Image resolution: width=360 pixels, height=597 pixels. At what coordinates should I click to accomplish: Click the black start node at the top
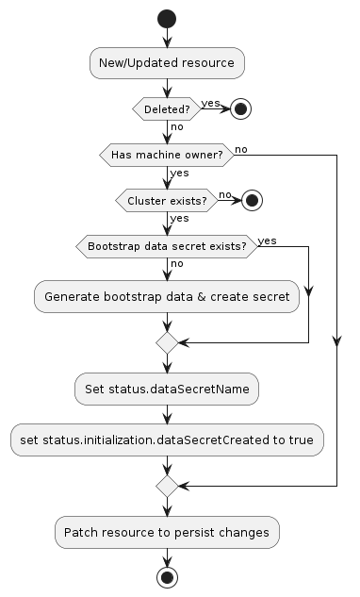[x=167, y=17]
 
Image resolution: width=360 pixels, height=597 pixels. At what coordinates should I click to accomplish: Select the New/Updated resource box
[x=167, y=63]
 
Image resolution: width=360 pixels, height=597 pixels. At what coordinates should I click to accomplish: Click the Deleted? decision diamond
[x=167, y=108]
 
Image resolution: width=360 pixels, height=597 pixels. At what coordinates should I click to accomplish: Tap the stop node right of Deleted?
[x=240, y=108]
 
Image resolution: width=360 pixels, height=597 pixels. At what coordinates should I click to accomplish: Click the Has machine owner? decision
[x=167, y=154]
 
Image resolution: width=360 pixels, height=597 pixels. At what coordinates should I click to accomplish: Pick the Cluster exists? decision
[x=167, y=199]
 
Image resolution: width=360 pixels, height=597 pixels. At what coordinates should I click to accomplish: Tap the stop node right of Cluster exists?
[x=250, y=199]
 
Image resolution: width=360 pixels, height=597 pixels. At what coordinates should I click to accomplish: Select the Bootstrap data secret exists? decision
[x=167, y=245]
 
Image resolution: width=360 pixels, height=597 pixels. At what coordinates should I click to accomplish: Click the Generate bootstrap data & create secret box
[x=167, y=296]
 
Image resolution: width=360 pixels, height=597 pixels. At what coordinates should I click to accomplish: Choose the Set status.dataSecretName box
[x=167, y=388]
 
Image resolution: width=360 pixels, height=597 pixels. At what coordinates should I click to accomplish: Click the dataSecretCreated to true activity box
[x=167, y=439]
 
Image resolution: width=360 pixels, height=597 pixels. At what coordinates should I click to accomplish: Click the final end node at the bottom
[x=167, y=577]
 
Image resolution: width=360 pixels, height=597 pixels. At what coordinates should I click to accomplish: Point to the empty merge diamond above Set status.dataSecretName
[x=167, y=342]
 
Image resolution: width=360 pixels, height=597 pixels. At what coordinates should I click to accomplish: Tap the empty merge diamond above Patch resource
[x=167, y=486]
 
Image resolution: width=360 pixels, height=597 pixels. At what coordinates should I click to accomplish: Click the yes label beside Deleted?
[x=210, y=102]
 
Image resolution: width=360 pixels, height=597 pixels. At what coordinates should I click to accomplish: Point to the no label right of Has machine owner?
[x=241, y=148]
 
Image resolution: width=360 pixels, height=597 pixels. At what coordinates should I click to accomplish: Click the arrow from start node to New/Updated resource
[x=167, y=37]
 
